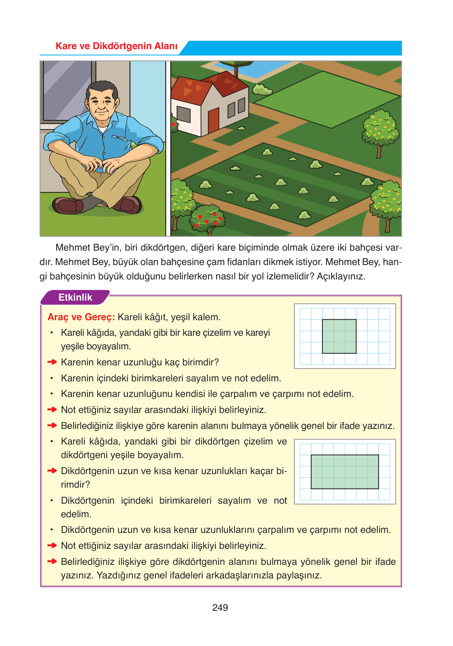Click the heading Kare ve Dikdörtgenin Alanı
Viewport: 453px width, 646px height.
(x=116, y=46)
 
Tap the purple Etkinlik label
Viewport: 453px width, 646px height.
(x=75, y=297)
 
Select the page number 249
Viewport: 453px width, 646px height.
(x=220, y=608)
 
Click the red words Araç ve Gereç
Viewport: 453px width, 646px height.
(x=81, y=317)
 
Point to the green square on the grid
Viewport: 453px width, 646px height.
(x=339, y=336)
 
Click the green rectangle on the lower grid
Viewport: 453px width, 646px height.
(x=344, y=472)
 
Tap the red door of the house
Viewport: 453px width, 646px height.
(x=213, y=120)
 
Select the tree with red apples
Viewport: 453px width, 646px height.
(x=208, y=219)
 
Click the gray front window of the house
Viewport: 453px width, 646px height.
(x=183, y=114)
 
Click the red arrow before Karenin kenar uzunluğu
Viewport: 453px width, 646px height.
(x=52, y=362)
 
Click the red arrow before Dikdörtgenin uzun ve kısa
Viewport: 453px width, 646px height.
(x=52, y=471)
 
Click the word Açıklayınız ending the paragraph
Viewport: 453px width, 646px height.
(x=341, y=276)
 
